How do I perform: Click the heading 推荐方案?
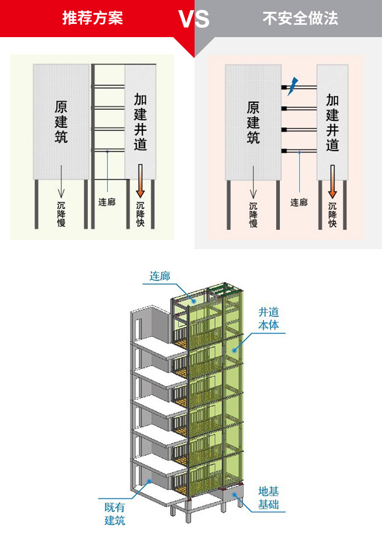[x=93, y=19]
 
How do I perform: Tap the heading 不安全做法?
[x=301, y=19]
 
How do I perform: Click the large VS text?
[x=194, y=19]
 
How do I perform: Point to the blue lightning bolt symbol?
[x=293, y=86]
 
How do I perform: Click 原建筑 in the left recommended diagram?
[x=61, y=123]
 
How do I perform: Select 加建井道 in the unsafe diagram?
[x=333, y=123]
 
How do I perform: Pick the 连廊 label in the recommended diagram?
[x=107, y=202]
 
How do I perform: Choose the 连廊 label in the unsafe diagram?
[x=299, y=202]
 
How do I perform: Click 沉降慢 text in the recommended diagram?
[x=61, y=214]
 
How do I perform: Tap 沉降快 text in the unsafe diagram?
[x=333, y=214]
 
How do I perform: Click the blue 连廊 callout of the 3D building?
[x=159, y=276]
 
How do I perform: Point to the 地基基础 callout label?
[x=268, y=498]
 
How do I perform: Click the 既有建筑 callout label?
[x=115, y=514]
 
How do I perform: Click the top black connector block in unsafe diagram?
[x=284, y=87]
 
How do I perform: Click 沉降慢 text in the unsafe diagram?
[x=253, y=214]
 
